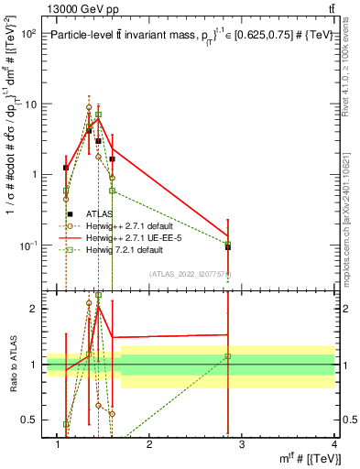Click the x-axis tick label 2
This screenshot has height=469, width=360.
pyautogui.click(x=150, y=445)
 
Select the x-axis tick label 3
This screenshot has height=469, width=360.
pyautogui.click(x=242, y=445)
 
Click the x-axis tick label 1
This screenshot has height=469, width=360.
pyautogui.click(x=59, y=445)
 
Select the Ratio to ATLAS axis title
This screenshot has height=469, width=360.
pyautogui.click(x=13, y=365)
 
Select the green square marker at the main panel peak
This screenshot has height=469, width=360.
pyautogui.click(x=98, y=115)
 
